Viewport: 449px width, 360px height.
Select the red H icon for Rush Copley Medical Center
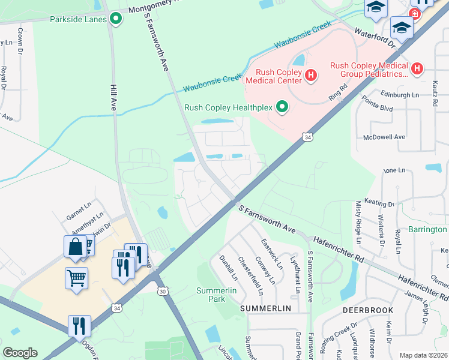point(311,74)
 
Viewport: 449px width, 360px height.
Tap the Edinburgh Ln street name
point(399,95)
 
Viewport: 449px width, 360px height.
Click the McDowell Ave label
point(385,137)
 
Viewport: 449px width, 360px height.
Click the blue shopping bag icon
point(75,247)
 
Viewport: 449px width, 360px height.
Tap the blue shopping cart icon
point(77,278)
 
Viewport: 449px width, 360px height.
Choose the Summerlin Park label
point(214,294)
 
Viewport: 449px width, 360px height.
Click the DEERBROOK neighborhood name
point(367,310)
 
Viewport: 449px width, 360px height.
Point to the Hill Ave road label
point(112,95)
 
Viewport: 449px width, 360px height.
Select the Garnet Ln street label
point(79,206)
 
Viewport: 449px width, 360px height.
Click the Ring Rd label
point(338,96)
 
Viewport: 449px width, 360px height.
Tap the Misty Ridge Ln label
point(358,221)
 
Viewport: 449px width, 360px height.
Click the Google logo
point(20,352)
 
